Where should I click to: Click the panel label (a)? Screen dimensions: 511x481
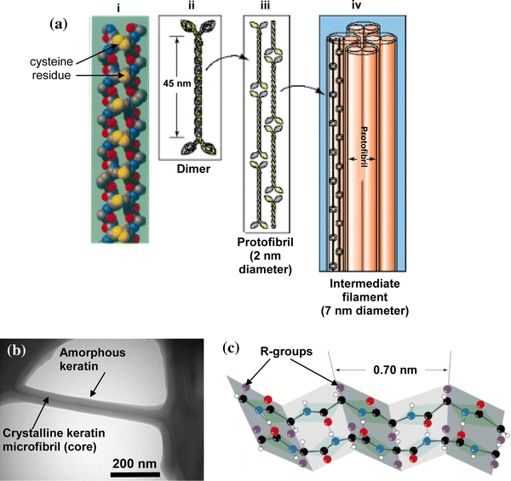pyautogui.click(x=58, y=24)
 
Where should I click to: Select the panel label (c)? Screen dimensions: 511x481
pyautogui.click(x=231, y=348)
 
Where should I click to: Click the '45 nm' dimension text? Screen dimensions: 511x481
pyautogui.click(x=177, y=83)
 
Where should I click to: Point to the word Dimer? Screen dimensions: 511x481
pyautogui.click(x=193, y=169)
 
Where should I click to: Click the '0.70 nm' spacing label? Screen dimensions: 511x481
pyautogui.click(x=395, y=370)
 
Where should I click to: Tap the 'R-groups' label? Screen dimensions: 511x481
pyautogui.click(x=286, y=352)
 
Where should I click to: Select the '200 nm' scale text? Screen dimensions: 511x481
pyautogui.click(x=135, y=463)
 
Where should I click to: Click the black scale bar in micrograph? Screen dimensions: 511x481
pyautogui.click(x=135, y=474)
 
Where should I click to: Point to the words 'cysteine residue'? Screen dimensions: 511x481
pyautogui.click(x=51, y=68)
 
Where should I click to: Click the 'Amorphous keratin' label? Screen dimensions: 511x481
pyautogui.click(x=93, y=359)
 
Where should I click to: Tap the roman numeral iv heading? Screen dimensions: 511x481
pyautogui.click(x=357, y=6)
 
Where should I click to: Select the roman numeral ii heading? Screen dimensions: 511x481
pyautogui.click(x=192, y=6)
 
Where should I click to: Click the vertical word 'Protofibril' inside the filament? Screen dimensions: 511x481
pyautogui.click(x=364, y=146)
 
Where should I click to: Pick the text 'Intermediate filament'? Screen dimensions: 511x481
pyautogui.click(x=365, y=290)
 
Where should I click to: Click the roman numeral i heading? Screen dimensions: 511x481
pyautogui.click(x=118, y=9)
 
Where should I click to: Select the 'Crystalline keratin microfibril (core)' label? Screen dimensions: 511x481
pyautogui.click(x=55, y=439)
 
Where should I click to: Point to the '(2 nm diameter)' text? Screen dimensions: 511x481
pyautogui.click(x=265, y=263)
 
